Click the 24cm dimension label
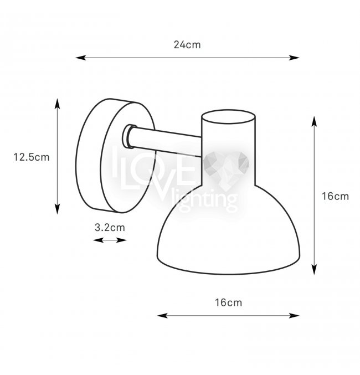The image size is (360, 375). pyautogui.click(x=187, y=45)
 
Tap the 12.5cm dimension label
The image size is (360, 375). pyautogui.click(x=32, y=157)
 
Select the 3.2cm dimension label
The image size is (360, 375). pyautogui.click(x=110, y=228)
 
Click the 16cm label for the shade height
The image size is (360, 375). pyautogui.click(x=336, y=196)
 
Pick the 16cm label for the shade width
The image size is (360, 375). pyautogui.click(x=228, y=302)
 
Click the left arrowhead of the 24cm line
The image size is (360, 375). pyautogui.click(x=81, y=58)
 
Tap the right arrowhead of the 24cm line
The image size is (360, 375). pyautogui.click(x=294, y=58)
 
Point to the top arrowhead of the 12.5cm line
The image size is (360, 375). pyautogui.click(x=57, y=103)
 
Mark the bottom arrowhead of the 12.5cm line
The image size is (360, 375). pyautogui.click(x=57, y=209)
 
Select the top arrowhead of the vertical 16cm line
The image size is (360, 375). pyautogui.click(x=315, y=121)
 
